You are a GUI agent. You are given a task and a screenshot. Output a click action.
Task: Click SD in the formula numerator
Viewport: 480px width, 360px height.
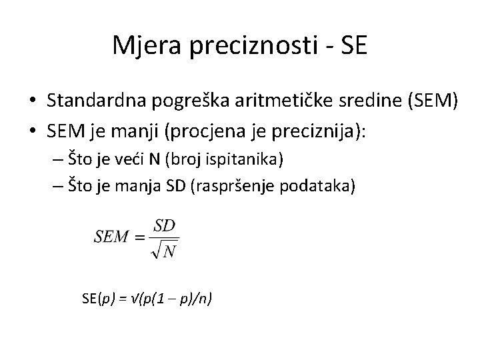point(165,227)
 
